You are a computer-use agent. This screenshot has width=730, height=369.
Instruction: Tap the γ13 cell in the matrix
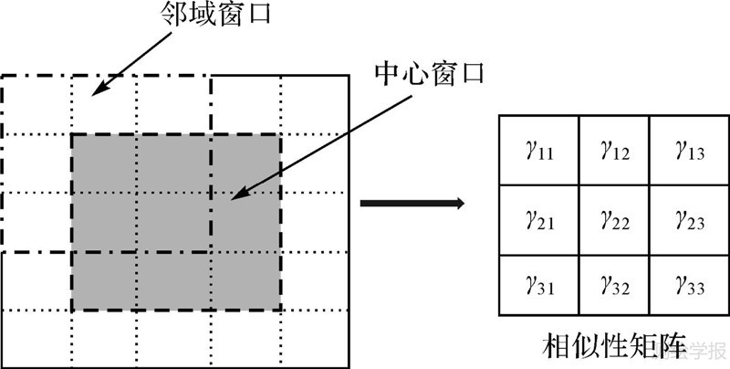pos(687,150)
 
